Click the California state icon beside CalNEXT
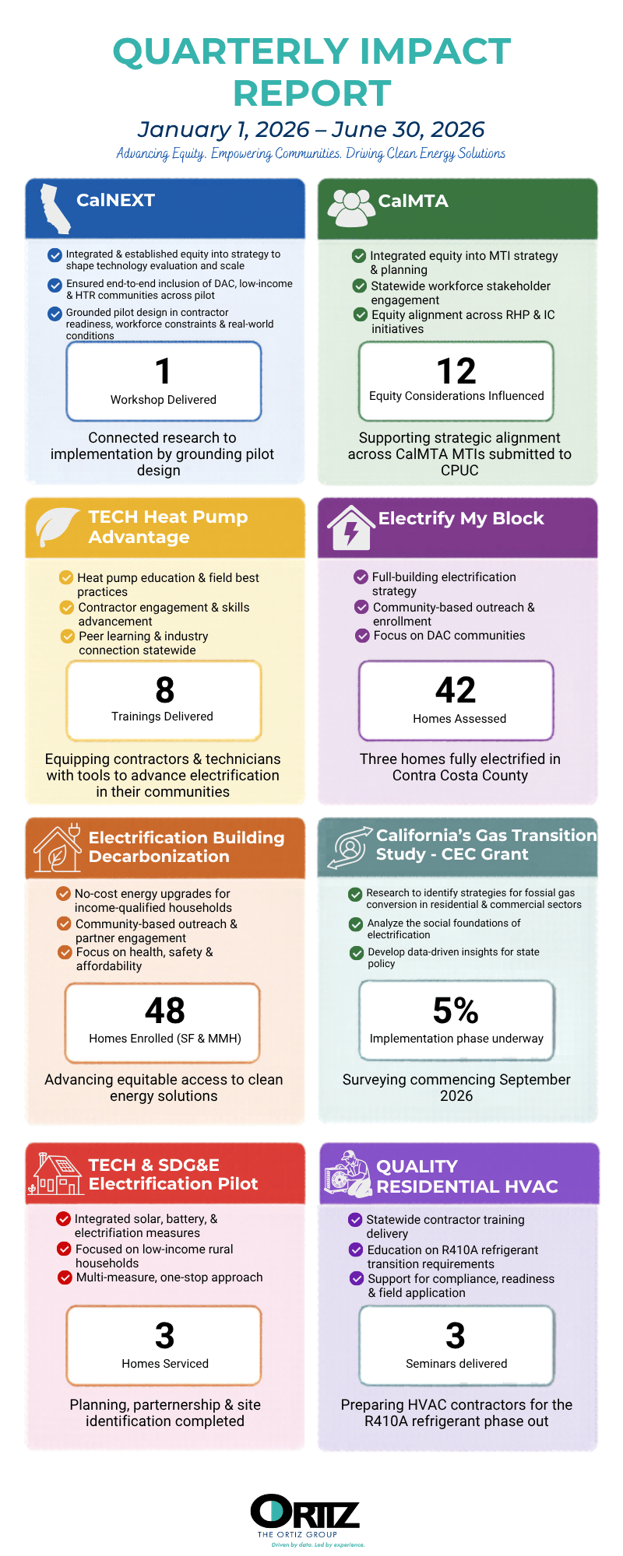(55, 209)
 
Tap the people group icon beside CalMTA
(350, 207)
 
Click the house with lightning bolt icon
(351, 527)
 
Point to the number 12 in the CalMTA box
(456, 371)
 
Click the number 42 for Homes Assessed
(456, 690)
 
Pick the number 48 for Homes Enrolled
(165, 1011)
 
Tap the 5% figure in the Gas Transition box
(456, 1011)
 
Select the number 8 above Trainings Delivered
(164, 690)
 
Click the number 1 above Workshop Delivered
(163, 371)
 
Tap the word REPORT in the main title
(311, 93)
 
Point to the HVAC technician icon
(347, 1173)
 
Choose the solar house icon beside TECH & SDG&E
(55, 1174)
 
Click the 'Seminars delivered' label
(456, 1363)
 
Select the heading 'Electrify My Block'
(461, 518)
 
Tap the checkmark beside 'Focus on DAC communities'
(362, 636)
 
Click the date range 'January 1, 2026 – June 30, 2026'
(311, 129)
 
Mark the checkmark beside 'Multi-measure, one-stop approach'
(65, 1277)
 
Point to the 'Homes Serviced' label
(165, 1363)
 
